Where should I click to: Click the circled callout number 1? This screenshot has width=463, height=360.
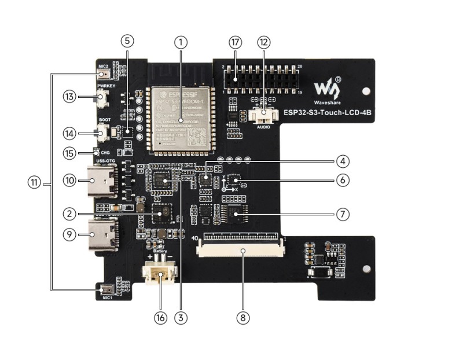pos(182,42)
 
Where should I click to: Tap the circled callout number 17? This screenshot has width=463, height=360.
pos(235,42)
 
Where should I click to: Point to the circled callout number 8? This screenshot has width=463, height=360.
pos(243,317)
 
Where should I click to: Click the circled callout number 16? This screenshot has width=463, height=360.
pos(160,317)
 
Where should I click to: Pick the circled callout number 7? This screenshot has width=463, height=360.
pos(342,214)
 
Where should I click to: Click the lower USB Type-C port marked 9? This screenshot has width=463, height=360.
pos(102,234)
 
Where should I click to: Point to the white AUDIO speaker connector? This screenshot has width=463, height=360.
pos(264,115)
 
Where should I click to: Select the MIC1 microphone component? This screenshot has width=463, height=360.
pos(106,289)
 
